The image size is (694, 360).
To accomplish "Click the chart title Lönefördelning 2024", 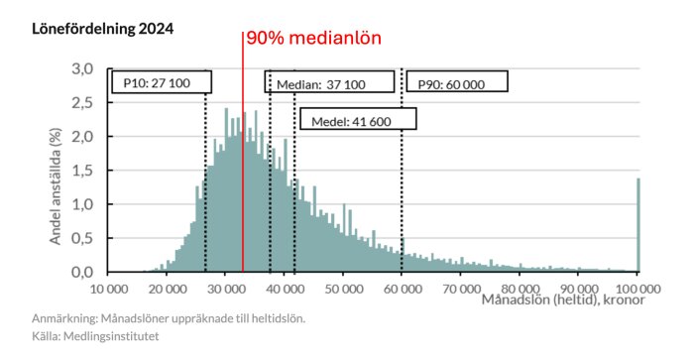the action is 103,29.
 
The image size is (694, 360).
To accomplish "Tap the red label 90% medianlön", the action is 313,38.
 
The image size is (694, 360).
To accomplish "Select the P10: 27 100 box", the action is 162,82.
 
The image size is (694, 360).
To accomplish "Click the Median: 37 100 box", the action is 329,81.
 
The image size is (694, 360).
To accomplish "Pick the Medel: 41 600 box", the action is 358,119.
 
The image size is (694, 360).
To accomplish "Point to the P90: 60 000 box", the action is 457,81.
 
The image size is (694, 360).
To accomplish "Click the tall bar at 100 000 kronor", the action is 638,225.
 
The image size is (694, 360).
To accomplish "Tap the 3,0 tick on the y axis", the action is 82,69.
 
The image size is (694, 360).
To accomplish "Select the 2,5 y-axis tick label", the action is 82,103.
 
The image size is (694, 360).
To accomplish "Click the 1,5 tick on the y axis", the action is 82,171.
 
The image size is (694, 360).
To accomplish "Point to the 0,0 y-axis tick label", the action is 82,272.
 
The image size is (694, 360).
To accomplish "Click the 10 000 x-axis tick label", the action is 109,290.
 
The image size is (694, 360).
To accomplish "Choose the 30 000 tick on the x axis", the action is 226,290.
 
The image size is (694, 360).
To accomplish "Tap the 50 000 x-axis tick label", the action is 344,290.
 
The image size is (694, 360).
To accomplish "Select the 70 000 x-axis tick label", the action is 462,290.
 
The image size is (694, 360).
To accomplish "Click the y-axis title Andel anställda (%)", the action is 56,186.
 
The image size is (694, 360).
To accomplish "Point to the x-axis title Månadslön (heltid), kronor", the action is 563,300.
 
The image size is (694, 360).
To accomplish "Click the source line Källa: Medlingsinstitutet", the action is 95,336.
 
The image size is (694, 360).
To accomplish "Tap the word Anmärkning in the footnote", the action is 63,318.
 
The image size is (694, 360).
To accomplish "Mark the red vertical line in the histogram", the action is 243,152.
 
